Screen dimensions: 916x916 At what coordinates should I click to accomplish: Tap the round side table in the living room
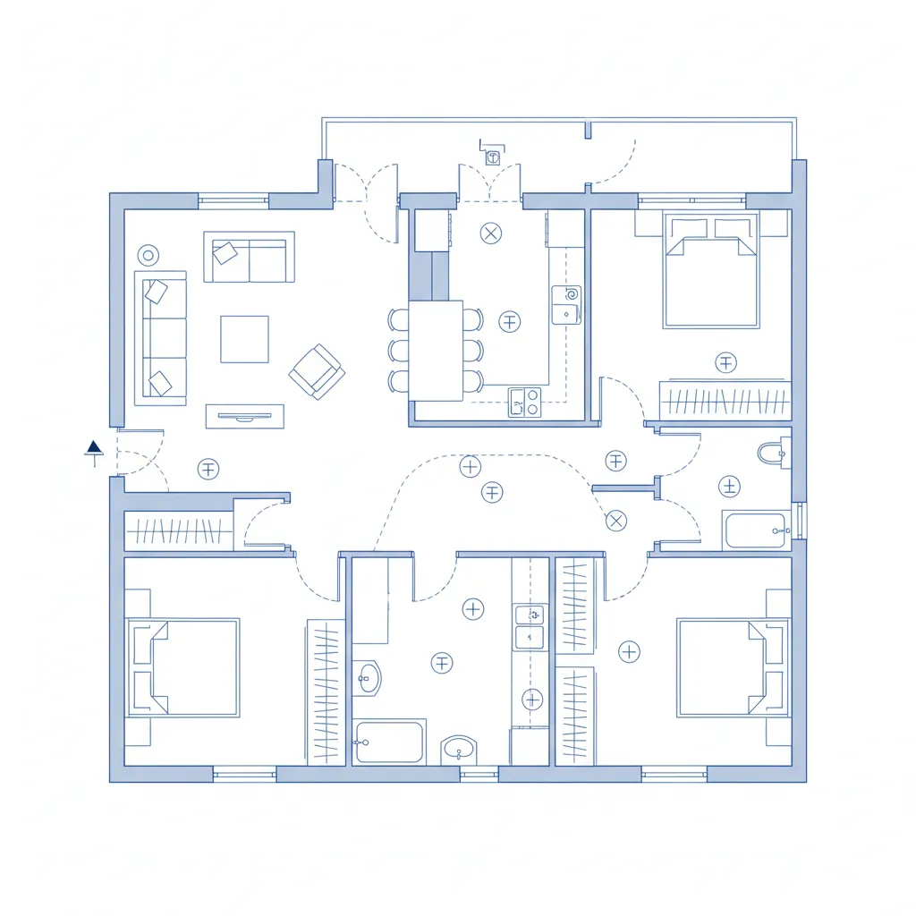pyautogui.click(x=148, y=256)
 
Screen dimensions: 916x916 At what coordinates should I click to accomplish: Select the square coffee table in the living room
pyautogui.click(x=244, y=339)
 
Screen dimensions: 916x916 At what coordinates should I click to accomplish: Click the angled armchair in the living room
pyautogui.click(x=317, y=370)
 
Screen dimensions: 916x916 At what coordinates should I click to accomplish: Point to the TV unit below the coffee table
pyautogui.click(x=244, y=416)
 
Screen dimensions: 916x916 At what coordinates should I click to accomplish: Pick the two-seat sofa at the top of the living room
pyautogui.click(x=249, y=258)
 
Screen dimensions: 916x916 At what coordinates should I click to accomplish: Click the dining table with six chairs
pyautogui.click(x=436, y=350)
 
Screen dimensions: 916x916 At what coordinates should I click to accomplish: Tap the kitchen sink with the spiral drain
pyautogui.click(x=566, y=304)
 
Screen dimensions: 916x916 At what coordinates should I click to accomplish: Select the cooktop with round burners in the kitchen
pyautogui.click(x=525, y=402)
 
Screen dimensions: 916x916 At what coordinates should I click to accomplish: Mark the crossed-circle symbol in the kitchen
pyautogui.click(x=491, y=234)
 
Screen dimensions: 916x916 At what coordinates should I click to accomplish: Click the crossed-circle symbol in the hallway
pyautogui.click(x=616, y=521)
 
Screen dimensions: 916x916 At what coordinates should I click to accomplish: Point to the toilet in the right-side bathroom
pyautogui.click(x=772, y=454)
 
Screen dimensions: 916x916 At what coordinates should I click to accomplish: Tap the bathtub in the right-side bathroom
pyautogui.click(x=756, y=530)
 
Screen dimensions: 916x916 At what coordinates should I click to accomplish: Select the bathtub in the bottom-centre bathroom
pyautogui.click(x=389, y=742)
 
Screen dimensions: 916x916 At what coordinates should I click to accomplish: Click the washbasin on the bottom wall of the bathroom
pyautogui.click(x=460, y=750)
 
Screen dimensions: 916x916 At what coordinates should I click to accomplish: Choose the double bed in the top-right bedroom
pyautogui.click(x=711, y=270)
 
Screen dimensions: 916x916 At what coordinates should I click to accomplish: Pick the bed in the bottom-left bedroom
pyautogui.click(x=184, y=666)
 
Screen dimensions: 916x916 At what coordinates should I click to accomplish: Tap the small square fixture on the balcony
pyautogui.click(x=493, y=157)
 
